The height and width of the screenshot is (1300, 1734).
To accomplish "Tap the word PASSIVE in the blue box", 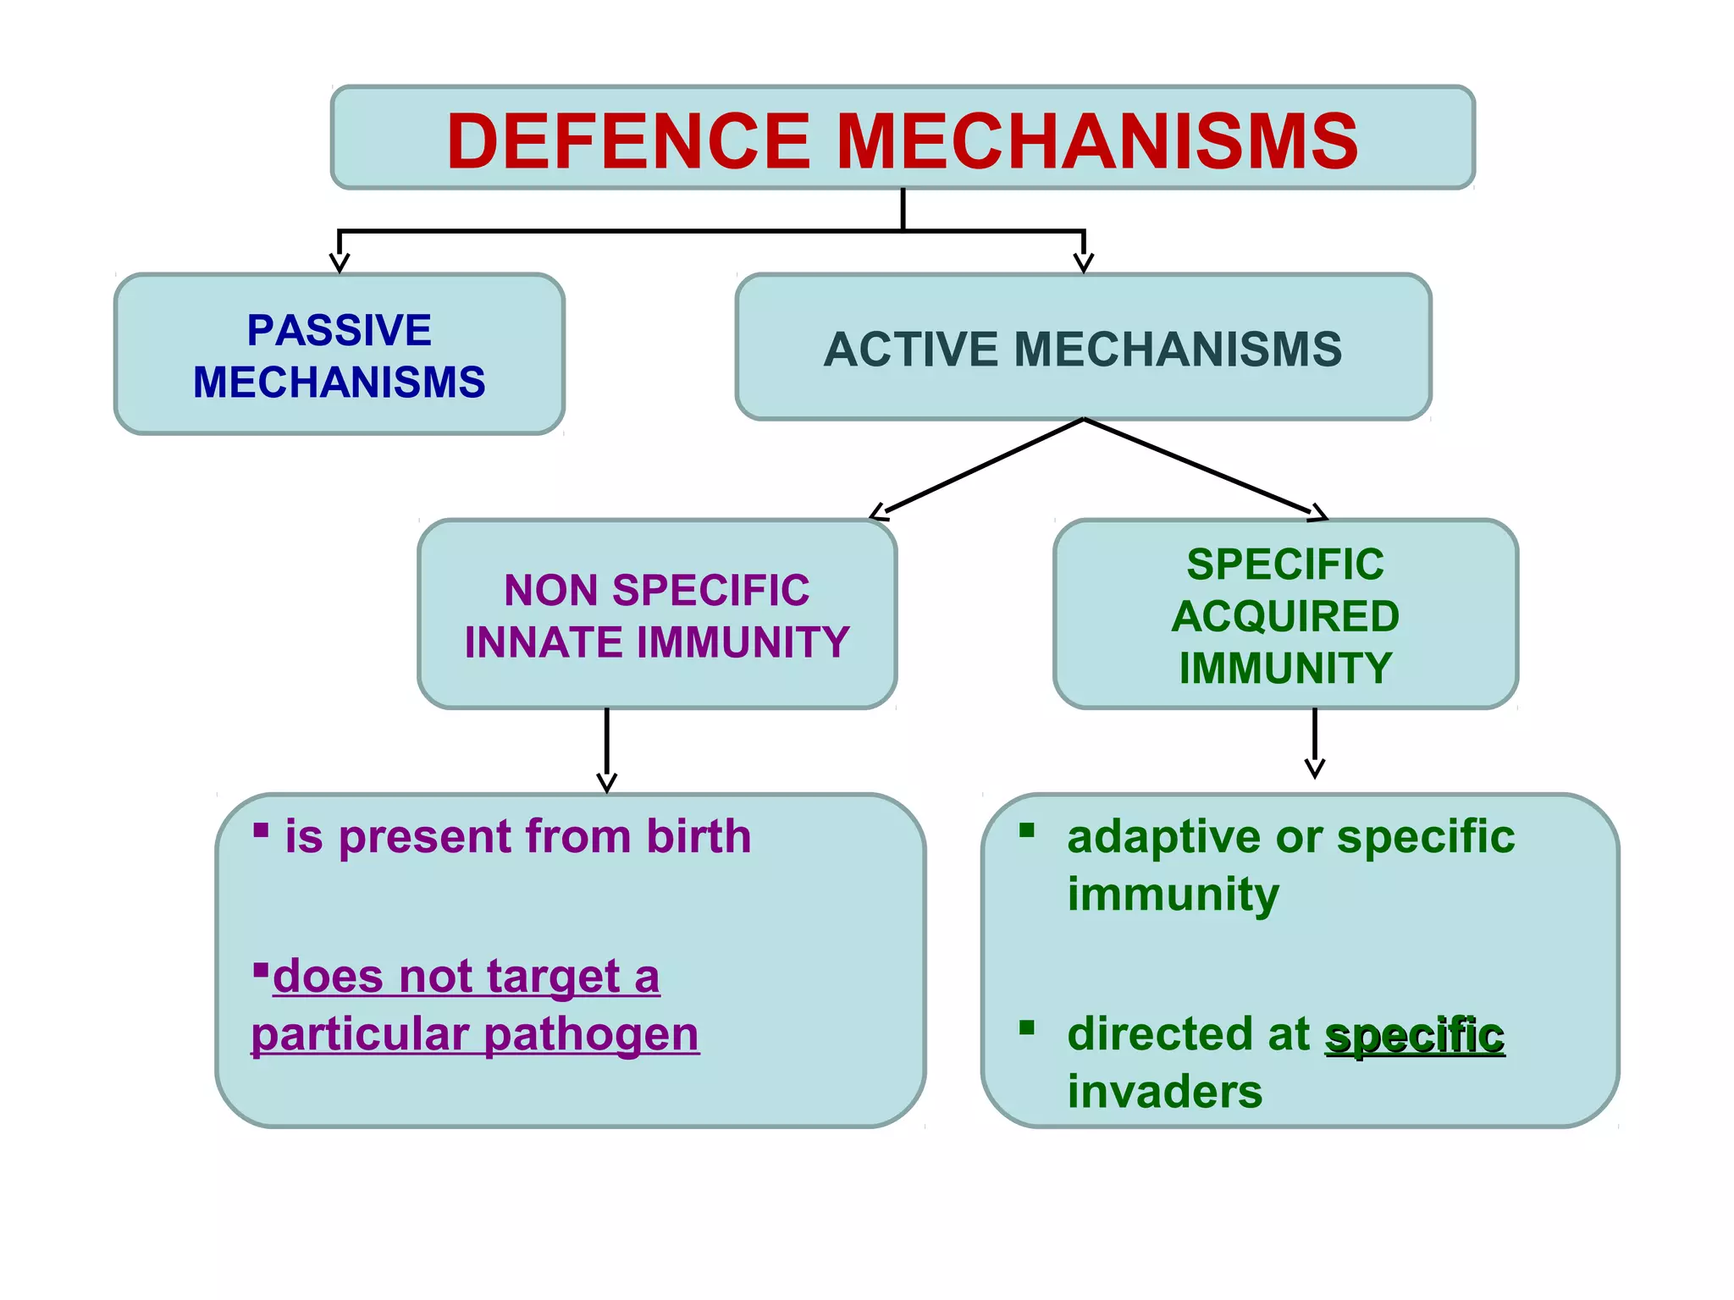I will coord(339,330).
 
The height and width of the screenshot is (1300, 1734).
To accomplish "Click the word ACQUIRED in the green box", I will coord(1285,616).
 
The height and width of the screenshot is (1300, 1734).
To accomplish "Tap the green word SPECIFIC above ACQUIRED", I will coord(1285,565).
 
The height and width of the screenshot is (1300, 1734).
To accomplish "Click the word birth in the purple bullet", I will coord(699,836).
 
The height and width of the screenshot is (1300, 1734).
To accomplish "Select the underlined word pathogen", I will coord(592,1034).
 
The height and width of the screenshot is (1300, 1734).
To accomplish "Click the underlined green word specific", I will coord(1415,1035).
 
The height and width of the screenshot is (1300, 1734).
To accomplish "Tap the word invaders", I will coord(1164,1092).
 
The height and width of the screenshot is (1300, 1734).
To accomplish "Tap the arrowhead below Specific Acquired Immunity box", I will coord(1314,768).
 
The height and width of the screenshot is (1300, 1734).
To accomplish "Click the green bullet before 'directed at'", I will coord(1027,1028).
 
